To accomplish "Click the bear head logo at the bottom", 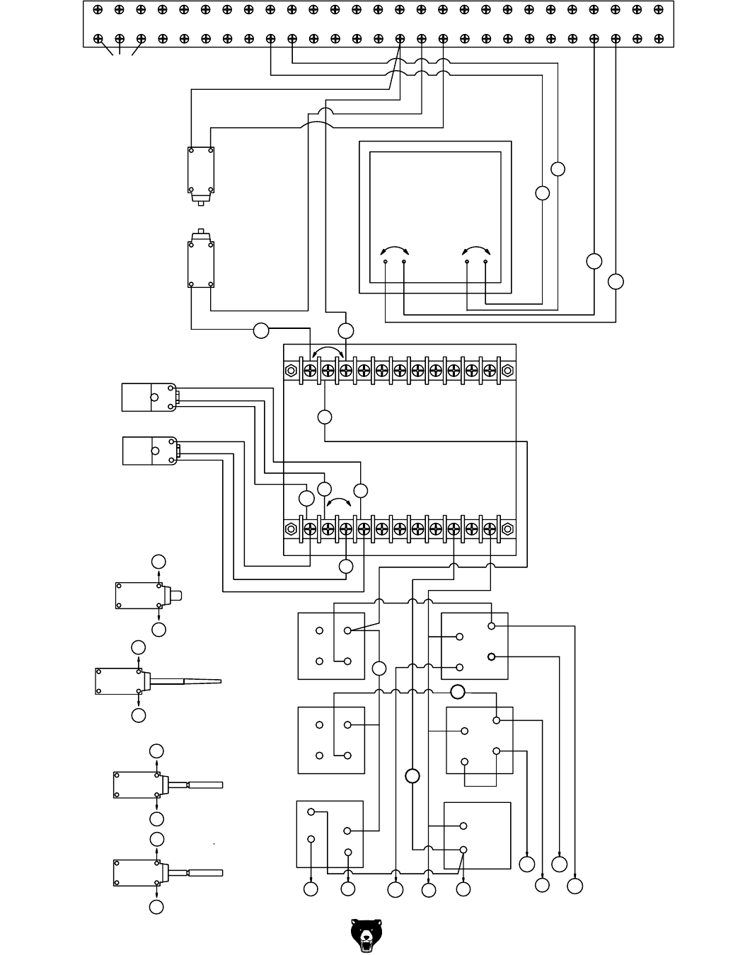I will click(366, 935).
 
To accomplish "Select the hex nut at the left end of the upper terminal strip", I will click(291, 370).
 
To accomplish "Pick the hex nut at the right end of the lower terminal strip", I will click(507, 528).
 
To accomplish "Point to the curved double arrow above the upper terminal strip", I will click(328, 351).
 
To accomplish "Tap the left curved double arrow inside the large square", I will click(394, 250).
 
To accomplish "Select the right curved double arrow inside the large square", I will click(476, 250).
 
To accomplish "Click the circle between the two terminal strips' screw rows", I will click(325, 417).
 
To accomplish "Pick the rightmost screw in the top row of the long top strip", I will click(658, 10).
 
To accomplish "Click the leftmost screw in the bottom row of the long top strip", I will click(98, 39).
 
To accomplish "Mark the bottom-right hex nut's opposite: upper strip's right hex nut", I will click(507, 370).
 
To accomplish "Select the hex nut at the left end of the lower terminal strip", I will click(291, 528).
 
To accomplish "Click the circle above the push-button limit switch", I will click(158, 562).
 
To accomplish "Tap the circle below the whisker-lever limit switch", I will click(139, 715).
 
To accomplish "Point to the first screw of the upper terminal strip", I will click(309, 370).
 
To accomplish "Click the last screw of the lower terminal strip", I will click(490, 528).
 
